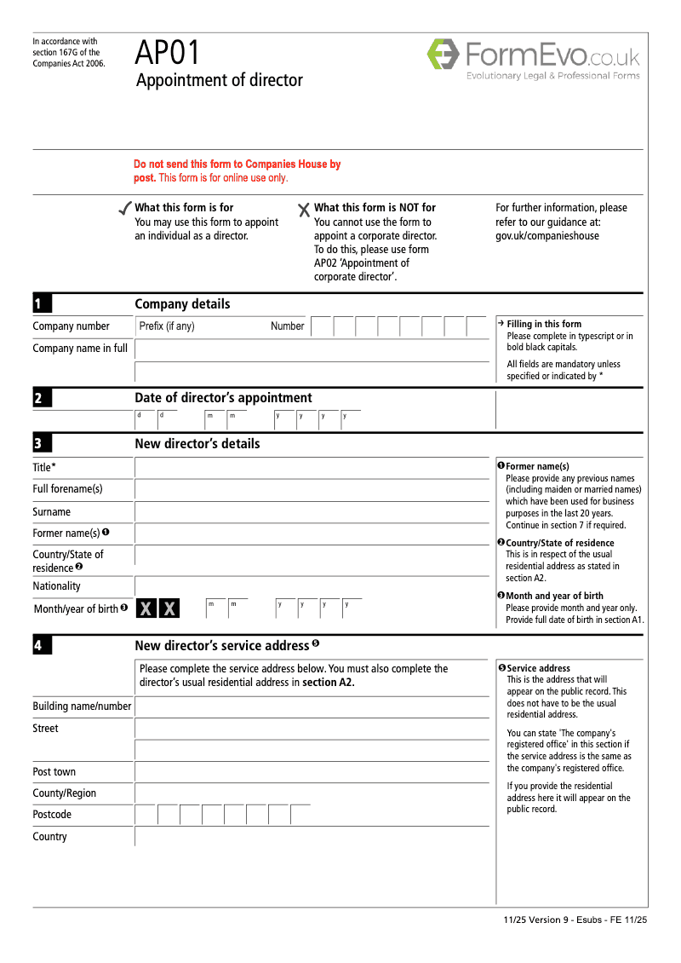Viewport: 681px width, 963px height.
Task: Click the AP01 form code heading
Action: coord(167,54)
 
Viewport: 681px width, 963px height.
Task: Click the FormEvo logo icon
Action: coord(443,54)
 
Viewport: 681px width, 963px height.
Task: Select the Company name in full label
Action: coord(80,348)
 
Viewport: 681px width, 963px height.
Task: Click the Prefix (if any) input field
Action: coord(200,326)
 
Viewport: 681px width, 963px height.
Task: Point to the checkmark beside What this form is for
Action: coord(124,209)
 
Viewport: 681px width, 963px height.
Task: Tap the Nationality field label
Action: coord(56,586)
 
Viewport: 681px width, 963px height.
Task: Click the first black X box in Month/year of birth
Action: coord(146,608)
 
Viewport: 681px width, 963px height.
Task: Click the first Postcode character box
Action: coord(146,815)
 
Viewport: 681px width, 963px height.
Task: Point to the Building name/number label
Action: coord(82,706)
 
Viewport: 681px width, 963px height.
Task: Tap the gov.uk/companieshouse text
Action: coord(547,236)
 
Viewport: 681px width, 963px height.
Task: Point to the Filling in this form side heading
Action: coord(544,324)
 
